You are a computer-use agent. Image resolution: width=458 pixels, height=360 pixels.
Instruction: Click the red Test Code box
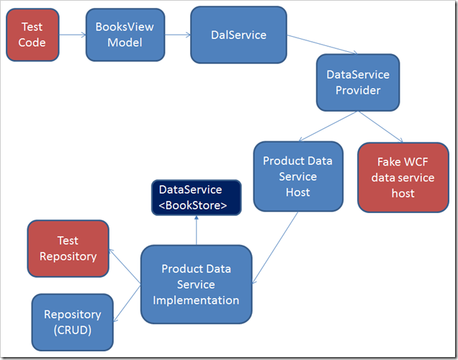point(32,35)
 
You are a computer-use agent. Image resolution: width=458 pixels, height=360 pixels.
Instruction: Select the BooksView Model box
point(125,35)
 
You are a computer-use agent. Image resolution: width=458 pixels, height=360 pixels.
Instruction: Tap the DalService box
point(238,35)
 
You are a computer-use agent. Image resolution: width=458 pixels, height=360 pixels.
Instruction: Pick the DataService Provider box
point(358,82)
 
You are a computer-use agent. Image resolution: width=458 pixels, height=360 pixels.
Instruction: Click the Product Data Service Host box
point(298,176)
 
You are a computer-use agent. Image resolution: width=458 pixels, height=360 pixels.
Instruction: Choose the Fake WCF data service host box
point(403,177)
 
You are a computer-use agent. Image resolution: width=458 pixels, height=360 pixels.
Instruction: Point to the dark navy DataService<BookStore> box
point(197,198)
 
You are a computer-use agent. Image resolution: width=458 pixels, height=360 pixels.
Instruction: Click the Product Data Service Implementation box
point(197,284)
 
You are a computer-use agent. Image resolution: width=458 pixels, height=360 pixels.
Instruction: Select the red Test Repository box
point(68,248)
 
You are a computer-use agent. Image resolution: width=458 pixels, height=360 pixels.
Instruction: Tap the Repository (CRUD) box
point(73,323)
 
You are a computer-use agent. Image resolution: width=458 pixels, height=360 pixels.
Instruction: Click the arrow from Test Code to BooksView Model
point(73,35)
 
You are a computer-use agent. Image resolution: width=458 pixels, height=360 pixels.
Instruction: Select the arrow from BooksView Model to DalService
point(178,35)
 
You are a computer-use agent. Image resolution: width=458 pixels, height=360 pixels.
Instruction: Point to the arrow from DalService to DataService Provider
point(322,45)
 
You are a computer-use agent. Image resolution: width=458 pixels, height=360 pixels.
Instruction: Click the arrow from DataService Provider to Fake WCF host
point(381,127)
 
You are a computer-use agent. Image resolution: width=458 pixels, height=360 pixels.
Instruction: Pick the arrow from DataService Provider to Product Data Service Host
point(328,126)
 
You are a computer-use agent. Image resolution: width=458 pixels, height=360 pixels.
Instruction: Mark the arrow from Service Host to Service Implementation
point(275,248)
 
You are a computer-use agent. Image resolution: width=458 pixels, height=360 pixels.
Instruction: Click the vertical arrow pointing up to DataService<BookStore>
point(197,230)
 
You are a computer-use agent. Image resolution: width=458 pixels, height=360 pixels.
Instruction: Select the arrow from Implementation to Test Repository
point(125,266)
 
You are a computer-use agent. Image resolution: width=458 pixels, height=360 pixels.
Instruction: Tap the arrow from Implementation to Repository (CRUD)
point(127,304)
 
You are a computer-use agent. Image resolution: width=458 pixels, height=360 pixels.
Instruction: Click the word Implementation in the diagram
point(196,300)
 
